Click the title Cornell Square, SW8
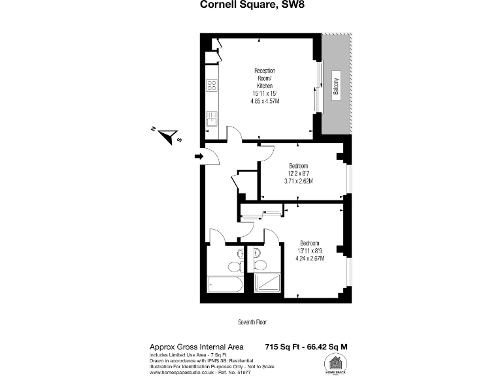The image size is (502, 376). click(252, 6)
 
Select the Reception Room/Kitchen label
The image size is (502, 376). click(264, 78)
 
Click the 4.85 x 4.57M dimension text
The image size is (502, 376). click(264, 102)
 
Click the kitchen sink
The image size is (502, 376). click(212, 119)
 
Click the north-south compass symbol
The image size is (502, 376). click(171, 136)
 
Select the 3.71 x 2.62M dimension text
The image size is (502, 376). click(298, 181)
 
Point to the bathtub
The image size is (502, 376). click(225, 285)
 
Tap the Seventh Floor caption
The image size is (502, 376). click(252, 322)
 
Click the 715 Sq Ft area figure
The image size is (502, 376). click(284, 346)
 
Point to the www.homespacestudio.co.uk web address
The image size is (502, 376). click(181, 373)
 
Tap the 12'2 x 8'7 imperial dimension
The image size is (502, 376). click(299, 173)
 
